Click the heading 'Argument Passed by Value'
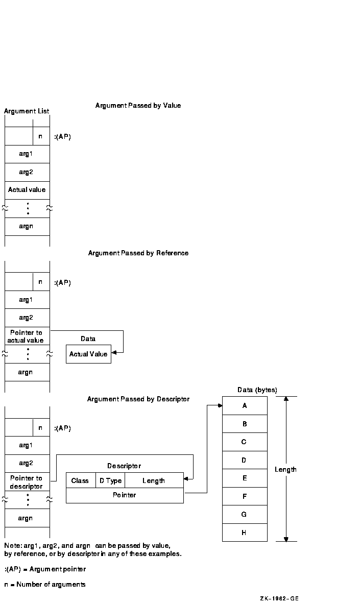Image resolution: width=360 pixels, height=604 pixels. (138, 106)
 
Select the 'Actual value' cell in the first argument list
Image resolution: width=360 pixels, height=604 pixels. (27, 190)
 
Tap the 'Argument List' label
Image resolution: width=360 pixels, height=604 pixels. (27, 111)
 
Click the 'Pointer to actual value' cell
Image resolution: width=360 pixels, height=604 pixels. (27, 336)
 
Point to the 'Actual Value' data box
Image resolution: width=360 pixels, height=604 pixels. (88, 354)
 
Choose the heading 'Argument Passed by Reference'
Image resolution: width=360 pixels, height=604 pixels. (138, 253)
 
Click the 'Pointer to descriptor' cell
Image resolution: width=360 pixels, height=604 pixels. (27, 482)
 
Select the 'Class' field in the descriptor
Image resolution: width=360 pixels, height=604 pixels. (80, 480)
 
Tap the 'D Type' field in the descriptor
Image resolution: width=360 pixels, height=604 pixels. (110, 480)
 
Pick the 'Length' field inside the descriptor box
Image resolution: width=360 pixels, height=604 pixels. (154, 480)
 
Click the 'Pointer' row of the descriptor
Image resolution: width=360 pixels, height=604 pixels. (125, 495)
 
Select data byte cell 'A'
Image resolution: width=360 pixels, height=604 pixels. (245, 406)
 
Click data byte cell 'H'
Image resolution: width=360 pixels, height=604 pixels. (245, 533)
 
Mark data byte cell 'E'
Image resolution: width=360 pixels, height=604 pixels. (245, 478)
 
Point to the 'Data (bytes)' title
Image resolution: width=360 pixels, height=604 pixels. (257, 390)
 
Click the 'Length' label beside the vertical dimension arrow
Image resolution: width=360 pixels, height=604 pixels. (285, 470)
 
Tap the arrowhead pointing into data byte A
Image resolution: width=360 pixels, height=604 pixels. (220, 406)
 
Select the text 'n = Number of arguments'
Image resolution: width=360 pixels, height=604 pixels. (45, 585)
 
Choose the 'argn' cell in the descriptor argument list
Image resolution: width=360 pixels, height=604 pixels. (26, 518)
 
